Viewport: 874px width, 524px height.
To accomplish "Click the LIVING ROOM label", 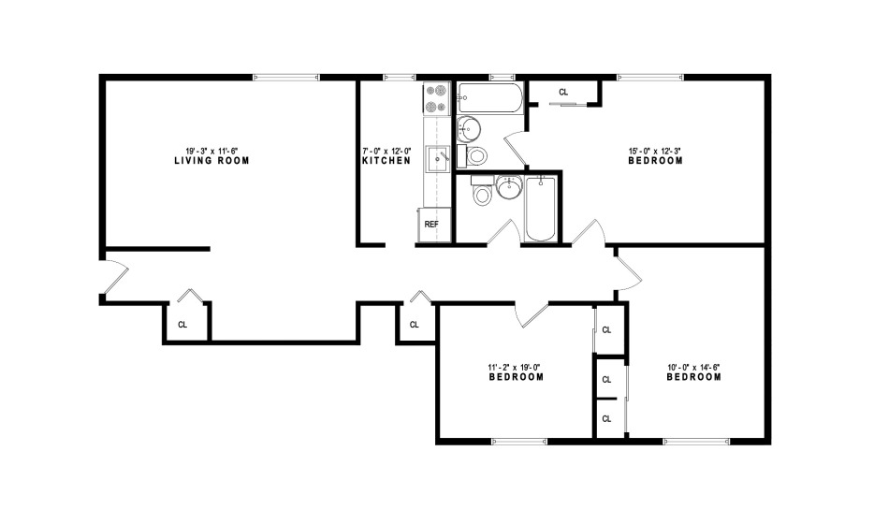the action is click(x=211, y=161).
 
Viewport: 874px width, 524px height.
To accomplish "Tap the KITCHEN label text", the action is click(x=386, y=161).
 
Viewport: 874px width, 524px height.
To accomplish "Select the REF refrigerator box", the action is click(x=434, y=225).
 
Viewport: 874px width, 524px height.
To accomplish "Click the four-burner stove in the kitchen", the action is click(x=436, y=99).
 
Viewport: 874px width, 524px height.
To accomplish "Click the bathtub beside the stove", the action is click(x=490, y=97).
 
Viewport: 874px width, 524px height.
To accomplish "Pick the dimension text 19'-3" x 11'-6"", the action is click(x=211, y=151).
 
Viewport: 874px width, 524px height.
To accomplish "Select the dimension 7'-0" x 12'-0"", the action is click(x=386, y=151).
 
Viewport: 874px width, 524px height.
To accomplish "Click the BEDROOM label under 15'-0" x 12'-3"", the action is click(x=655, y=161).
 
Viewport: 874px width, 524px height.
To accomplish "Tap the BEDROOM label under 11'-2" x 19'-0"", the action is click(x=517, y=377).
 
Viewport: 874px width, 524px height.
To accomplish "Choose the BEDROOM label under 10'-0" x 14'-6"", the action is click(x=694, y=377).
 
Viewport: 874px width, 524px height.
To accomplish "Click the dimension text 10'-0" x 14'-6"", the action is click(x=694, y=368).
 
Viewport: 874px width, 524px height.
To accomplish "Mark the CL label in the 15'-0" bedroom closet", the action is click(x=563, y=92).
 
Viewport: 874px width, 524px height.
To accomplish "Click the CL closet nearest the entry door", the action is click(x=182, y=325).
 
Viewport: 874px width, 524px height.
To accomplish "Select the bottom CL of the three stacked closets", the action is click(x=607, y=419).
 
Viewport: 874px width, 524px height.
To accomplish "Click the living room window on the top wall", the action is click(x=286, y=77).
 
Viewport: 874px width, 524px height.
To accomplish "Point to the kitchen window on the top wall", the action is click(x=399, y=77).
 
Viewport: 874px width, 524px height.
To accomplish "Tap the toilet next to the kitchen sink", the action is click(x=473, y=156).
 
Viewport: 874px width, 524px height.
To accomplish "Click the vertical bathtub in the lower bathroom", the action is click(x=540, y=209).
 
